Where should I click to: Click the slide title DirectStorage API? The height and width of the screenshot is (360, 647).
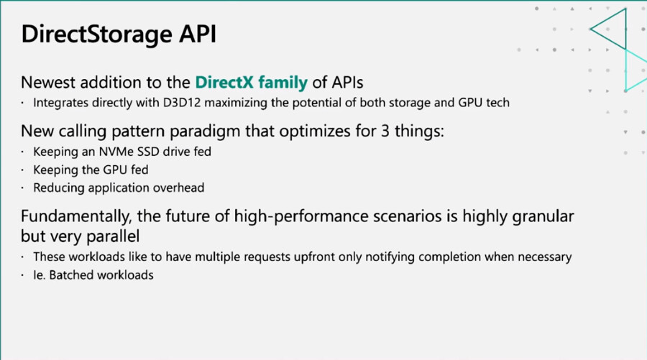point(119,34)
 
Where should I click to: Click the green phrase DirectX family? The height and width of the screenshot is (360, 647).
point(252,83)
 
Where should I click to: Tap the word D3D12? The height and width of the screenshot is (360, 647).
point(182,102)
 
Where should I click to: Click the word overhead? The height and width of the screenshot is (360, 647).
point(179,188)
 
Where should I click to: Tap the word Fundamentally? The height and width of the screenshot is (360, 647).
point(77,216)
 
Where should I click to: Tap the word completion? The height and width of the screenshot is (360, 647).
point(449,257)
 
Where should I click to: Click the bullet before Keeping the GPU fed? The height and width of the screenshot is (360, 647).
point(23,170)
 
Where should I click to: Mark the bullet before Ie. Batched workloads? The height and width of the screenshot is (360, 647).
point(23,275)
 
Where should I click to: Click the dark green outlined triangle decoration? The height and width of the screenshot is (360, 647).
point(626,29)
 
